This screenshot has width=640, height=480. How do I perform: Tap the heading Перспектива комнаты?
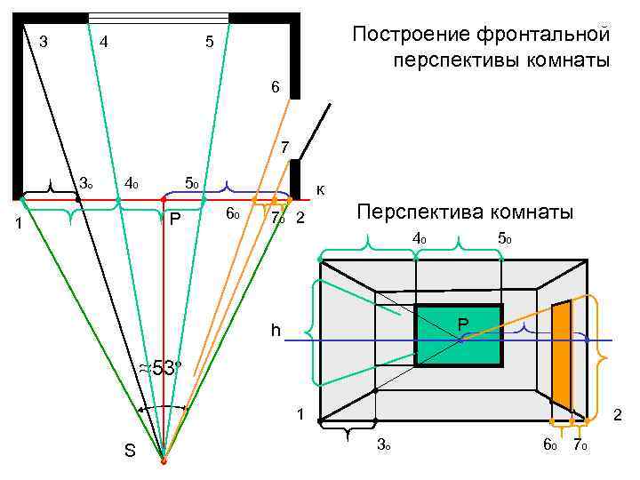pyautogui.click(x=465, y=212)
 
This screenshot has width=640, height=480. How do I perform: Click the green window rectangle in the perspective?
pyautogui.click(x=459, y=335)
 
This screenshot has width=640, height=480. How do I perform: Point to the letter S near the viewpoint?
pyautogui.click(x=130, y=451)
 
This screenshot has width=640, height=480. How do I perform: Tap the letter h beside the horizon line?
pyautogui.click(x=276, y=331)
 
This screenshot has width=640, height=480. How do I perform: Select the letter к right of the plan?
pyautogui.click(x=321, y=188)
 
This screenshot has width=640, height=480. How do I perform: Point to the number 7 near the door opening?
pyautogui.click(x=284, y=147)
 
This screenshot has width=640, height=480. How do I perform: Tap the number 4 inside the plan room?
pyautogui.click(x=105, y=41)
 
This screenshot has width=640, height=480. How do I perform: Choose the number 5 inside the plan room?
pyautogui.click(x=208, y=41)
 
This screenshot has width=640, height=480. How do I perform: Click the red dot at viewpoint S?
pyautogui.click(x=164, y=460)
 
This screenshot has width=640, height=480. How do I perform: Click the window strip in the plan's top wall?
pyautogui.click(x=157, y=17)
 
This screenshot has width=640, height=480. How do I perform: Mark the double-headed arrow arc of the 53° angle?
pyautogui.click(x=162, y=407)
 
